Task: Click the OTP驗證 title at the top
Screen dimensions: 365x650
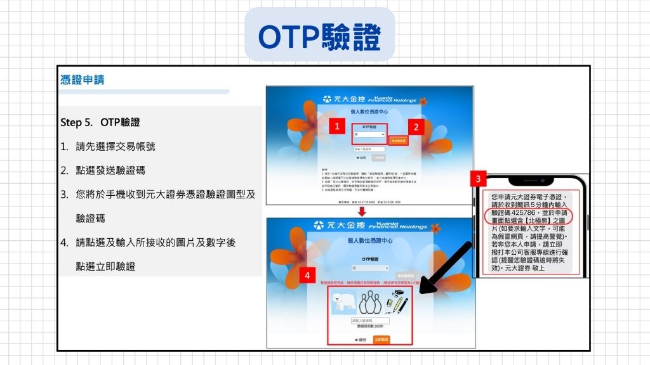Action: (x=319, y=37)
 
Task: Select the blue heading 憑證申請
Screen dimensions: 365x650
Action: (x=82, y=80)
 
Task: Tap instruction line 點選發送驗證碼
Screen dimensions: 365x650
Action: (x=110, y=170)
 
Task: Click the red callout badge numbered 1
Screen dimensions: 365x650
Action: (x=338, y=126)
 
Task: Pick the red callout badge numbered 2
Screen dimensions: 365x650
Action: (x=415, y=126)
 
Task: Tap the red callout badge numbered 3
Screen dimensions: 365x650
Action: (x=479, y=179)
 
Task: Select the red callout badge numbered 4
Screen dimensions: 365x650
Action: (x=307, y=276)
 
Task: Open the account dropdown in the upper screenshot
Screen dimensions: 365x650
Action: (x=369, y=134)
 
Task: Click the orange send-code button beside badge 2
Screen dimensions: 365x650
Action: (x=397, y=140)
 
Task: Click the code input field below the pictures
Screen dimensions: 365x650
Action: (x=370, y=321)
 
